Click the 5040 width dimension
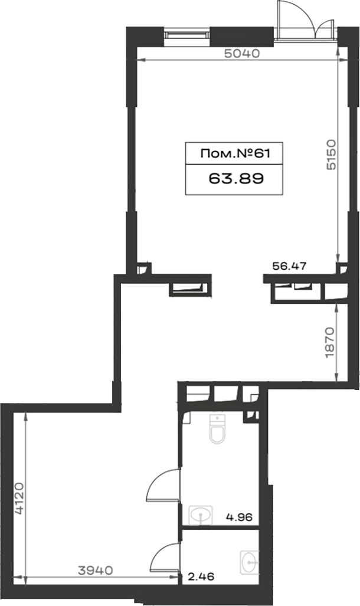point(242,54)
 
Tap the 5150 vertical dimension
point(331,155)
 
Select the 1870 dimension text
point(330,342)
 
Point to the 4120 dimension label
point(19,499)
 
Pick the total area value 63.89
point(236,179)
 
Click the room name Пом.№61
point(235,154)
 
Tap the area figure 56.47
point(290,266)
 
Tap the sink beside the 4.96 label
point(200,515)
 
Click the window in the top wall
point(186,34)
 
